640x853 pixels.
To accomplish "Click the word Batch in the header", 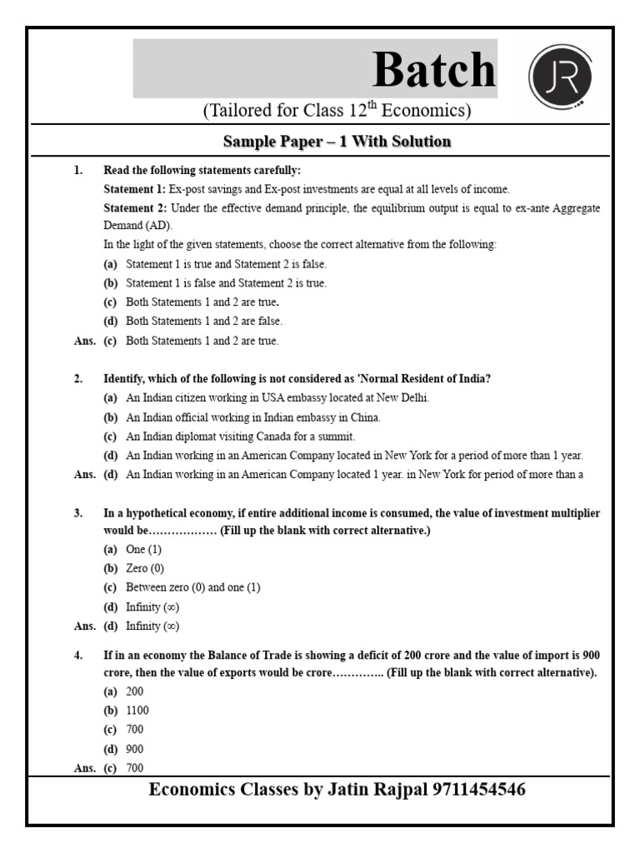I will coord(433,70).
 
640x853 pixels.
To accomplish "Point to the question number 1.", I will coord(77,170).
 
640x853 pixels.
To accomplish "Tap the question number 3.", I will coord(77,513).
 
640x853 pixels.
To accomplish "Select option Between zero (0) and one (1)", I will coord(193,588).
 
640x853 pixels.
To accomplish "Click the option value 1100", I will coord(137,711).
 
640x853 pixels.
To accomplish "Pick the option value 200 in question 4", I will coord(135,691).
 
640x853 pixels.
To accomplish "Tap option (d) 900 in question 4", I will coord(135,749).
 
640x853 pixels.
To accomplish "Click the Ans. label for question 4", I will coord(85,768).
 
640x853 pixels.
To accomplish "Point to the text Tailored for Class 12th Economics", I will coord(337,111).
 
